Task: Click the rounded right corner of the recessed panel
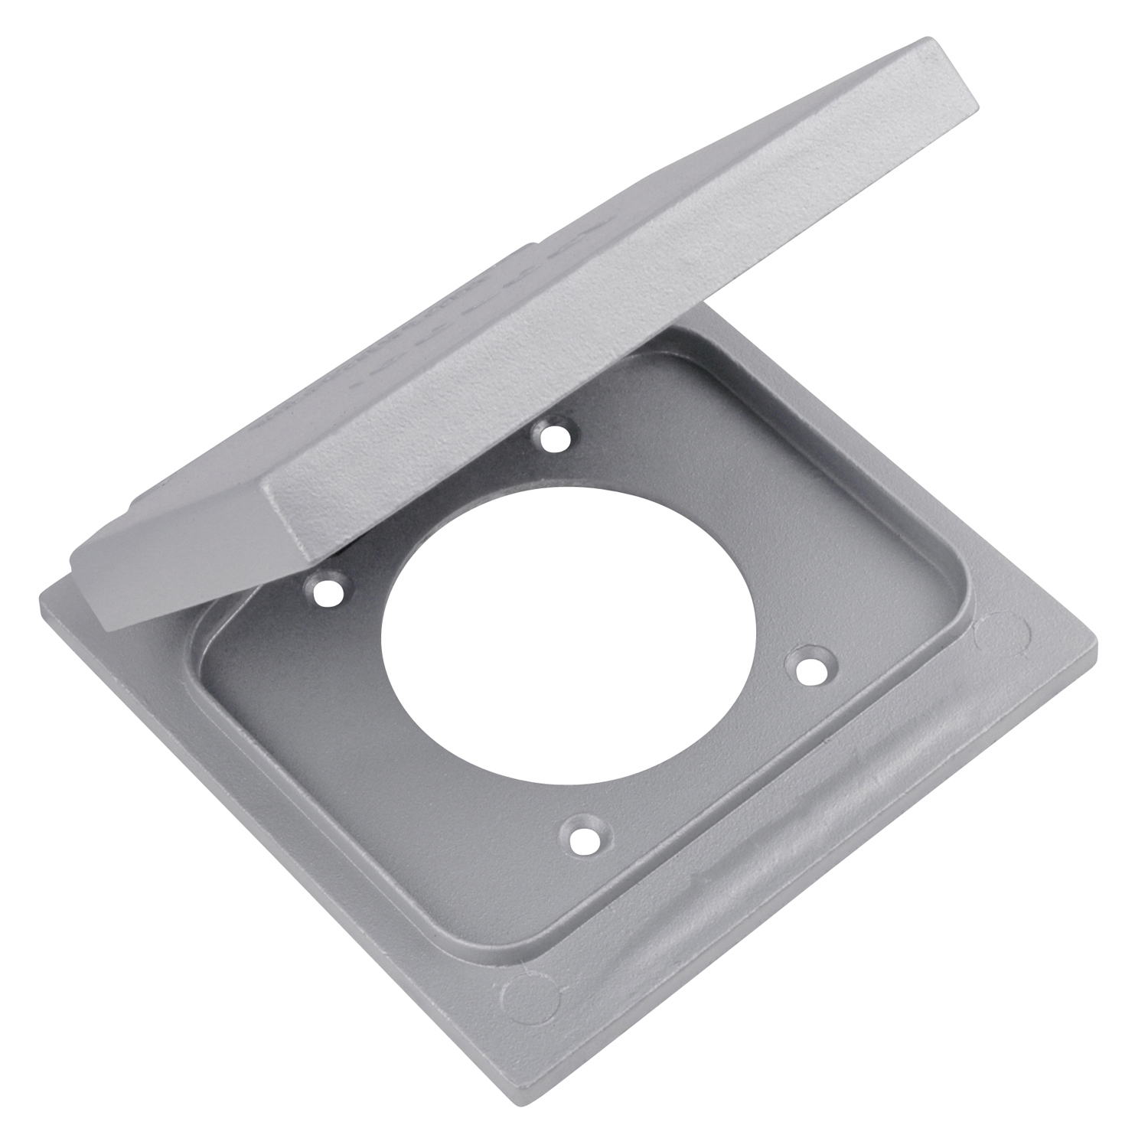(949, 612)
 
